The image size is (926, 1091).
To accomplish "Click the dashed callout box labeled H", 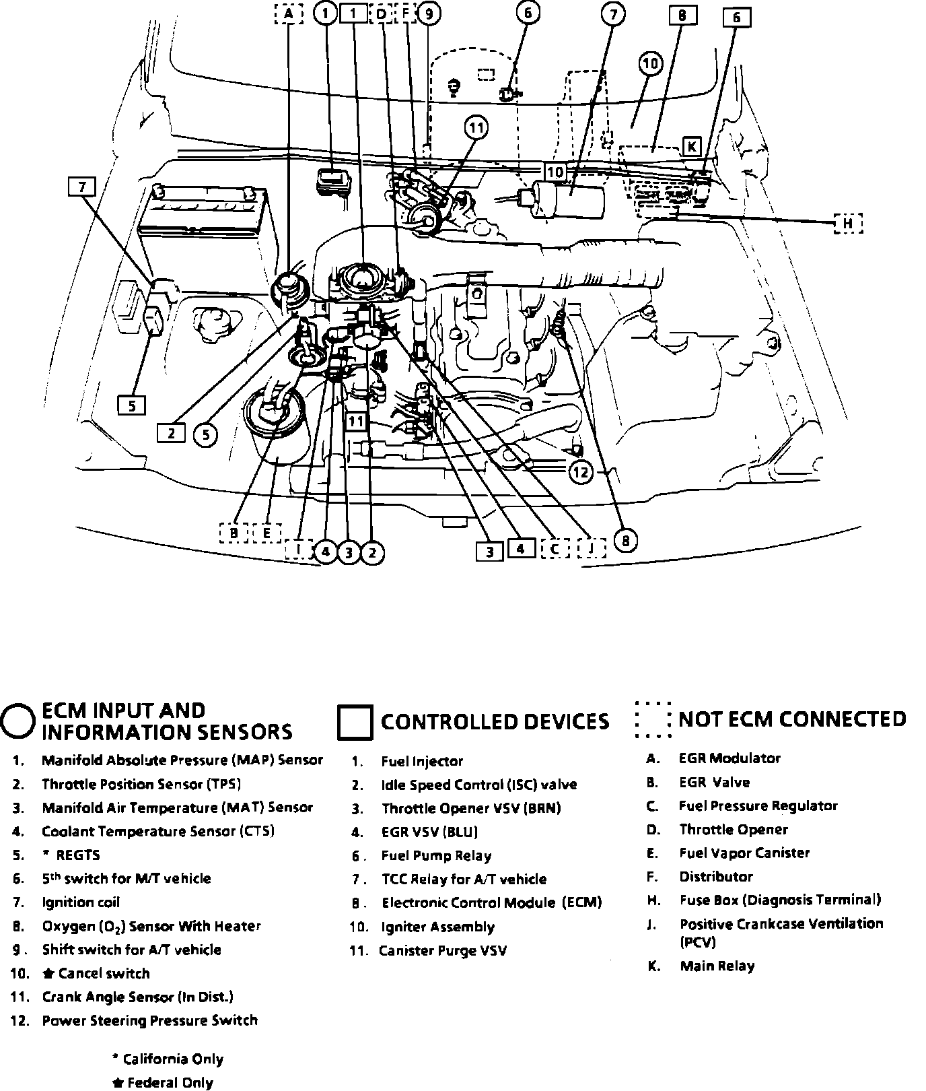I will [x=848, y=223].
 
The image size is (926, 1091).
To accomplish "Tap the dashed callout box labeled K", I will [x=691, y=147].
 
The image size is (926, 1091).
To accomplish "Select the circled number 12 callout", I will [x=581, y=472].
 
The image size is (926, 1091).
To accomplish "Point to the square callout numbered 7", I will [x=82, y=187].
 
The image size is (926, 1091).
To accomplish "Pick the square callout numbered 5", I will [x=132, y=405].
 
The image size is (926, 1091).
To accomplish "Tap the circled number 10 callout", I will [x=650, y=64].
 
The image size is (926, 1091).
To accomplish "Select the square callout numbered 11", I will [x=356, y=422].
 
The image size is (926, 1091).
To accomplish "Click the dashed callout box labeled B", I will [x=234, y=533].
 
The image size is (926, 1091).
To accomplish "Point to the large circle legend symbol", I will [x=18, y=721].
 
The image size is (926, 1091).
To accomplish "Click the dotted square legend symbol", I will [x=652, y=720].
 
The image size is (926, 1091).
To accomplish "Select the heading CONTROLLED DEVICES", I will [x=495, y=722].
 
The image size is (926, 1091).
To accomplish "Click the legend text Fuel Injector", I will [x=422, y=761].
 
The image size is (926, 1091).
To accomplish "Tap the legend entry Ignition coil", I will [x=81, y=902].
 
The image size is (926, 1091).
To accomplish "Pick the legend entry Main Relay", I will [x=717, y=966].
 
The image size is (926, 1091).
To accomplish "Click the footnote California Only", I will [x=172, y=1059].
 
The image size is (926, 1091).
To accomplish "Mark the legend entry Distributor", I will [x=715, y=876].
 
